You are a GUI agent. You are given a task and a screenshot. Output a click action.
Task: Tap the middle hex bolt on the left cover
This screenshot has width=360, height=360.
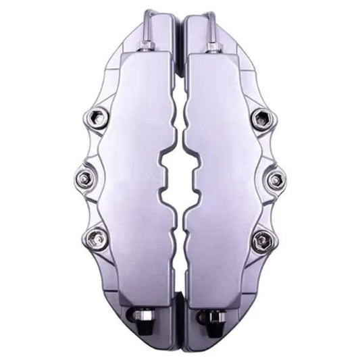(x=84, y=179)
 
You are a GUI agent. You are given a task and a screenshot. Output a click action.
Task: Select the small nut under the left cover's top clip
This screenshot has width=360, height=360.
(x=147, y=46)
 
